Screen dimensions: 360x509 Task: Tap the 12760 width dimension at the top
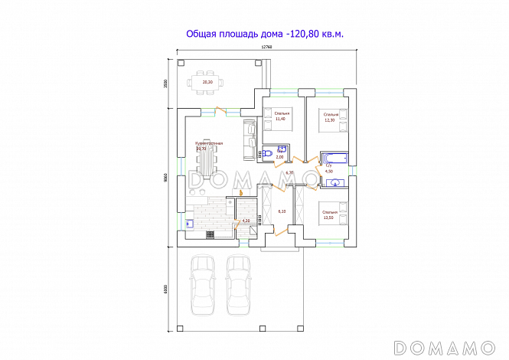(266, 47)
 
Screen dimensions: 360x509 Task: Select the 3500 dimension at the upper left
(166, 83)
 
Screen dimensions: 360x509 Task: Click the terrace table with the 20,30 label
(207, 81)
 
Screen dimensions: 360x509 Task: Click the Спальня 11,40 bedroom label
(280, 116)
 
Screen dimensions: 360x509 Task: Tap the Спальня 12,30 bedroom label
(331, 117)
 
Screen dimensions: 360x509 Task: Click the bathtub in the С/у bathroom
(334, 156)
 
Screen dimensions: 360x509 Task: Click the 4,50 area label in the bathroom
(329, 172)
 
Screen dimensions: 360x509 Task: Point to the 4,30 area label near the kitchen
(246, 221)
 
